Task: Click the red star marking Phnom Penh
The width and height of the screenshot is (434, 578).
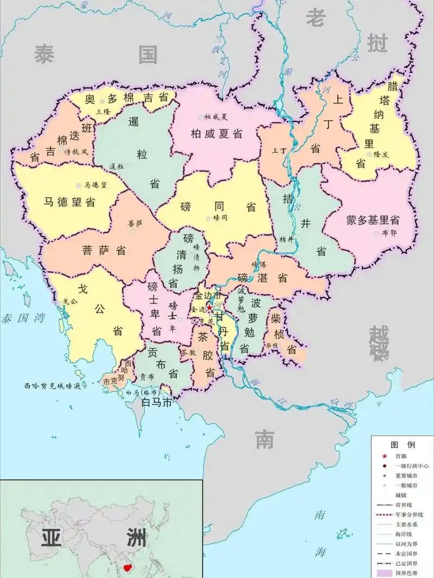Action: (x=209, y=307)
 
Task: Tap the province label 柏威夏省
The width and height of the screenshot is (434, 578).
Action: (x=216, y=134)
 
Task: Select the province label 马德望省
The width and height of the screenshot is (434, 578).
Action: (x=69, y=202)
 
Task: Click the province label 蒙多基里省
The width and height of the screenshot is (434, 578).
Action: (x=373, y=220)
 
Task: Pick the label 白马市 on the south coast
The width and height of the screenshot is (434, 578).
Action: (x=156, y=402)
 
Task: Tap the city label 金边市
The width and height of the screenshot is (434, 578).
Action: (x=209, y=296)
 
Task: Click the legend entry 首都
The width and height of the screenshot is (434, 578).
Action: (x=400, y=456)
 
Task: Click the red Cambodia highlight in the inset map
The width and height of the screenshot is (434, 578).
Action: (x=129, y=568)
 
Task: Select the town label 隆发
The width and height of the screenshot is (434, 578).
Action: (x=381, y=154)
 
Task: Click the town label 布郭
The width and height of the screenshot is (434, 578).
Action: (x=389, y=233)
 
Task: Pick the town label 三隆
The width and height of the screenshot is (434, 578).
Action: (x=103, y=112)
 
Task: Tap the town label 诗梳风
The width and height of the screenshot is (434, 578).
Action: (x=76, y=152)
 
